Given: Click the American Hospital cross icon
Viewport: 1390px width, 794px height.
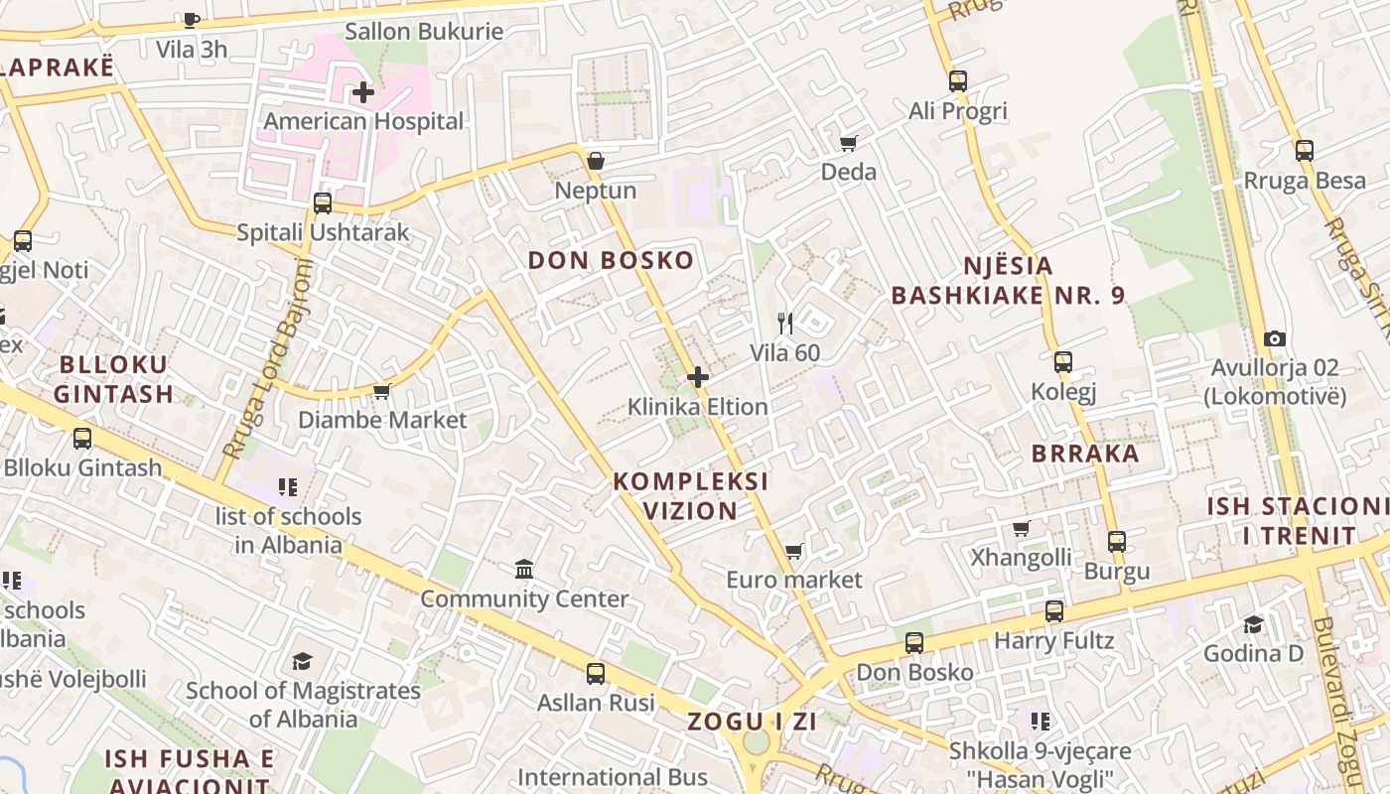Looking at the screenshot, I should [x=363, y=92].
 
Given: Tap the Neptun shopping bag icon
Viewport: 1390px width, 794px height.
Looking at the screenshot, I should [x=596, y=161].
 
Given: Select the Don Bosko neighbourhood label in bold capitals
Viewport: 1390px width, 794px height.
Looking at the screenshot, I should [x=611, y=261].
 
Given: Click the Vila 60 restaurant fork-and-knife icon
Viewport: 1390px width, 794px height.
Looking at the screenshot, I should [x=785, y=324].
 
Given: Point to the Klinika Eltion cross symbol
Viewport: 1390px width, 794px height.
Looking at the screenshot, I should [x=698, y=377].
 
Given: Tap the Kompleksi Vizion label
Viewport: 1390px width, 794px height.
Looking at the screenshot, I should [x=690, y=496].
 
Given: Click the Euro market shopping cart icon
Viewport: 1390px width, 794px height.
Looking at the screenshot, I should [x=793, y=551].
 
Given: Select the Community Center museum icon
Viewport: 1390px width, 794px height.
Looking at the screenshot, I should [x=524, y=570].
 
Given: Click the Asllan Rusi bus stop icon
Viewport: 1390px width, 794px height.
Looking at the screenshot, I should [x=596, y=674].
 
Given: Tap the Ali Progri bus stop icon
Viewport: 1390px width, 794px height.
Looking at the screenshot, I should [x=958, y=81].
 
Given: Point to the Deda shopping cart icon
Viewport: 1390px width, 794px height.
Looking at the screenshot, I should [x=849, y=143].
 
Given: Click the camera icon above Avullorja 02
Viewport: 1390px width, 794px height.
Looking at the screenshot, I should [x=1276, y=339].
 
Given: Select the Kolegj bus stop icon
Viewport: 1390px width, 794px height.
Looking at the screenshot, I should [x=1063, y=362].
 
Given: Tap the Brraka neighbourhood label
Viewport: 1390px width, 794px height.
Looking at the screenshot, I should [x=1085, y=454].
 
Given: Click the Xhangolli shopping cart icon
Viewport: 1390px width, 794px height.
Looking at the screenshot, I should [x=1022, y=528].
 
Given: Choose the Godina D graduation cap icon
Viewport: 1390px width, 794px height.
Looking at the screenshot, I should [x=1254, y=624].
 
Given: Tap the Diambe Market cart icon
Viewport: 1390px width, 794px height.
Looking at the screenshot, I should [x=382, y=391].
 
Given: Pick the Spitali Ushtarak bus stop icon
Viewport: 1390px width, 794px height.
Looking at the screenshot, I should [x=323, y=203].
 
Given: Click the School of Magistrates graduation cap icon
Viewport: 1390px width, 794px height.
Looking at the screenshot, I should [x=302, y=661].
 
